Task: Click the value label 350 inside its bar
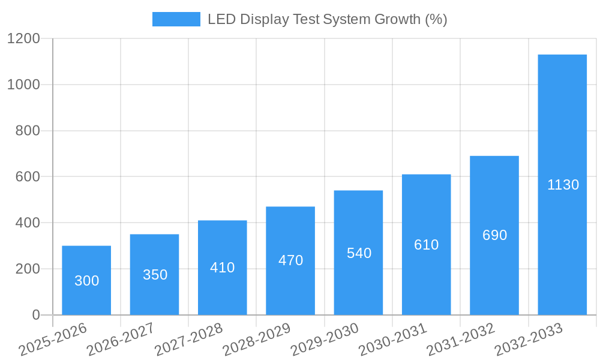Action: (155, 275)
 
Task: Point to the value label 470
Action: (290, 260)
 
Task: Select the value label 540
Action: (359, 253)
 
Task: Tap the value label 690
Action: (494, 235)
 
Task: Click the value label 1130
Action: (563, 185)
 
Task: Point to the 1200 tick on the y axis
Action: (23, 39)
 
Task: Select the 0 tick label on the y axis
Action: (35, 315)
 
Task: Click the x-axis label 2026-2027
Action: (120, 340)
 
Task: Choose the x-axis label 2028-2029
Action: (256, 340)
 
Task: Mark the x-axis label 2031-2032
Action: (460, 340)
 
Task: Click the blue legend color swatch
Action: (176, 19)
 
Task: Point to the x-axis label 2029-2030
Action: (324, 340)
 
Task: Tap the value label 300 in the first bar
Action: (86, 281)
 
